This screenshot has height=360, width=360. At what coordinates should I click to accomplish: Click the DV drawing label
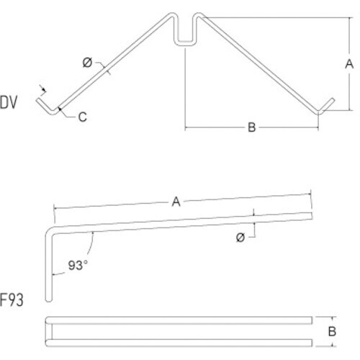click(9, 102)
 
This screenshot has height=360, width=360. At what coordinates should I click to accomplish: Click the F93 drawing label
click(12, 300)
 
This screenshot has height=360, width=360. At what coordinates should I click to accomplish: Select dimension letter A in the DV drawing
click(349, 64)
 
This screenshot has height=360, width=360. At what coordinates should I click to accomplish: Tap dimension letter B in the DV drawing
click(252, 127)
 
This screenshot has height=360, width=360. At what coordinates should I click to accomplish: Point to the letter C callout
click(82, 117)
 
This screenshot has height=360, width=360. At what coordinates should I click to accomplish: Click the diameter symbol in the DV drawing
click(87, 63)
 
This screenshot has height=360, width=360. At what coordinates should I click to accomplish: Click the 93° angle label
click(78, 266)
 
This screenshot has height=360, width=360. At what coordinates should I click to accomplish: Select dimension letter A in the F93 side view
click(176, 202)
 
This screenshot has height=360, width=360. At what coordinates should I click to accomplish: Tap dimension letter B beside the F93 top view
click(332, 331)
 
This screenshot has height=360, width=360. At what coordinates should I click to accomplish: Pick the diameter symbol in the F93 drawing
click(240, 238)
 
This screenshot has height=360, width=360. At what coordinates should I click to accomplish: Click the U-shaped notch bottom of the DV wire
click(184, 43)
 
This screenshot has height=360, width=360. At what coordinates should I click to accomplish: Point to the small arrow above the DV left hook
click(42, 89)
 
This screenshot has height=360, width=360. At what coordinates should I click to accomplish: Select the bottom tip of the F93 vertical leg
click(49, 301)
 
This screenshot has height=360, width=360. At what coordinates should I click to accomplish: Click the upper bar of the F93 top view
click(179, 320)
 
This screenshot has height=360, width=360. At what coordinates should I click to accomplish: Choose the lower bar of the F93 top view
click(179, 343)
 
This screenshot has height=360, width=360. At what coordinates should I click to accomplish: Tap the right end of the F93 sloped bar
click(312, 216)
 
